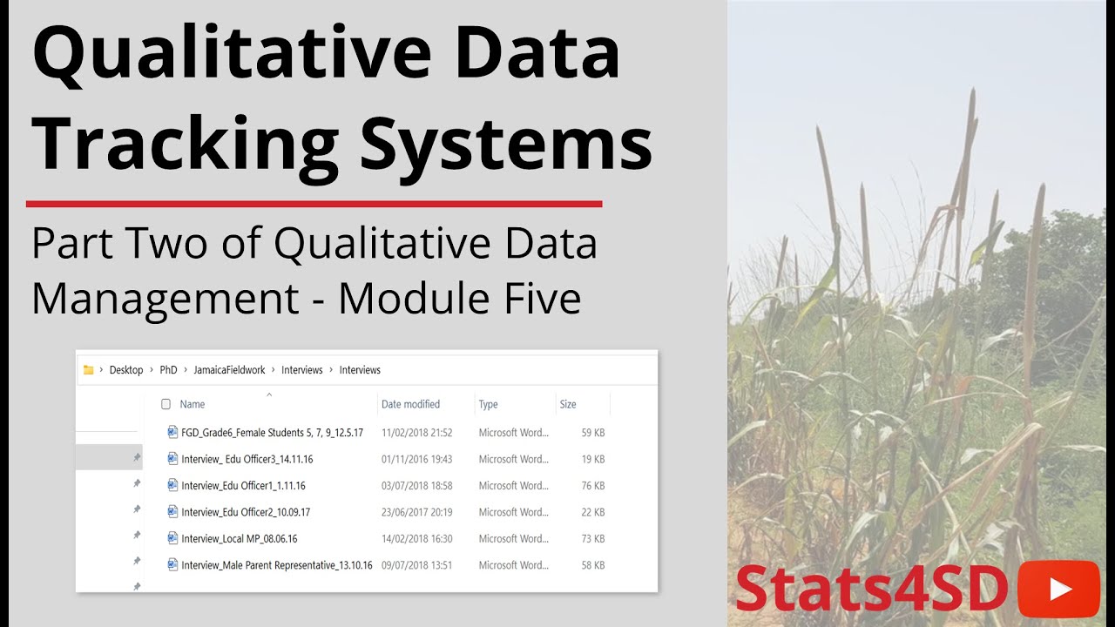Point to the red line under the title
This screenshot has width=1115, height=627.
click(x=314, y=204)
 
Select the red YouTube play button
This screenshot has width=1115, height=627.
click(x=1059, y=590)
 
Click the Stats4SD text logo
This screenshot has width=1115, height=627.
click(x=871, y=590)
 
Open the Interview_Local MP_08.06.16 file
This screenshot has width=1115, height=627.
click(x=239, y=538)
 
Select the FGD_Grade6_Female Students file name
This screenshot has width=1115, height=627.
click(x=272, y=432)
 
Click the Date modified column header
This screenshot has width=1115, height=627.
click(x=410, y=404)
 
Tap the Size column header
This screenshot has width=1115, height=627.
click(x=568, y=404)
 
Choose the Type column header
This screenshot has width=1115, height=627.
click(x=488, y=404)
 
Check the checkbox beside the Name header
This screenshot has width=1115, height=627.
click(x=166, y=404)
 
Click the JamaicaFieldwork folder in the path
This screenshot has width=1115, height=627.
click(x=232, y=370)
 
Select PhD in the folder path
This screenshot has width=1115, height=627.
click(x=168, y=370)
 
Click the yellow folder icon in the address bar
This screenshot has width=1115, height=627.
click(x=88, y=370)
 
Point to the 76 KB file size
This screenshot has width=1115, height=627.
click(x=592, y=485)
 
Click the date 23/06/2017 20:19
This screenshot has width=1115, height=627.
click(x=416, y=512)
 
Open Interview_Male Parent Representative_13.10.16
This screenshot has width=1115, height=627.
click(x=276, y=565)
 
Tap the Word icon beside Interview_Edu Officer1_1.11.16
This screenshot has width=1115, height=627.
click(x=172, y=485)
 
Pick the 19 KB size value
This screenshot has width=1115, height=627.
click(x=592, y=459)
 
